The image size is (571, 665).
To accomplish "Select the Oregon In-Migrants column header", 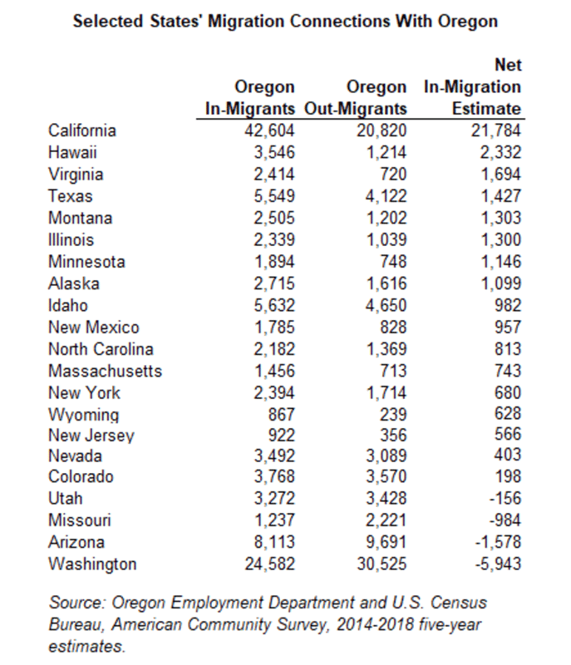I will [250, 98].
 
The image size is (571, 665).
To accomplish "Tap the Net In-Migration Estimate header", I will [472, 86].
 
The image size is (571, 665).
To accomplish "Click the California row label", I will [82, 131].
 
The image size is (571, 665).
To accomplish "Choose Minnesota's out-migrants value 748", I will [394, 261].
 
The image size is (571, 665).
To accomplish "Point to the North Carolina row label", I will [101, 348].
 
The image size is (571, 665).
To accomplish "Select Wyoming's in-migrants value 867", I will [278, 413].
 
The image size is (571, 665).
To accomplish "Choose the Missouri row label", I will [80, 521].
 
